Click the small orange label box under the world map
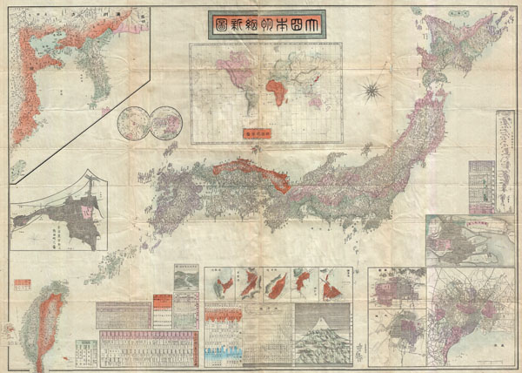click(x=255, y=134)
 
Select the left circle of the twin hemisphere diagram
click(x=132, y=121)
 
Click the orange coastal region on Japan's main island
click(x=252, y=170)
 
